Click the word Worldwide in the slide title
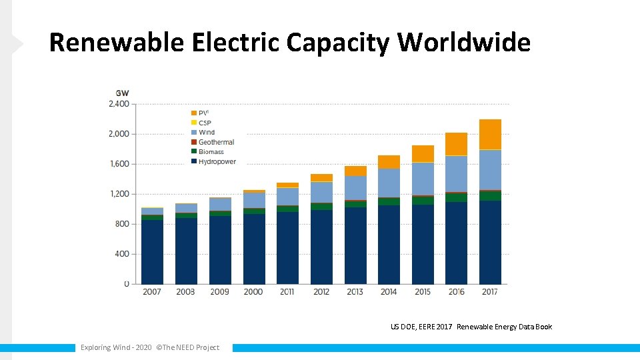point(464,43)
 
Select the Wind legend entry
point(207,132)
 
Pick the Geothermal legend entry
point(216,142)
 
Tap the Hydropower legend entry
point(217,161)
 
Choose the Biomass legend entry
point(211,152)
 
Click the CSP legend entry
point(205,123)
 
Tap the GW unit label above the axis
point(123,93)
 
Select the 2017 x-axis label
point(490,291)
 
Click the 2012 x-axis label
point(321,291)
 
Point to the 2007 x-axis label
point(152,291)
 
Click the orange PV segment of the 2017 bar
point(490,134)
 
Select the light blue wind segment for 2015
point(423,179)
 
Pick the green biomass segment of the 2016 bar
point(457,197)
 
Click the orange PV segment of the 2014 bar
point(389,162)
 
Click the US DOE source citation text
point(471,327)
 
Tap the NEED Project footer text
point(150,347)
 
